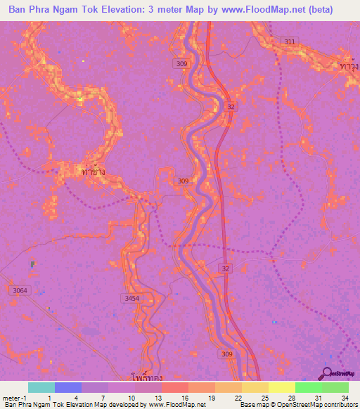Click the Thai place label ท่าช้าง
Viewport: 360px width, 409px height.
[93, 171]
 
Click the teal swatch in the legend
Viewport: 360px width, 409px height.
[41, 387]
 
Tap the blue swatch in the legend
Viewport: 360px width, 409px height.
[67, 387]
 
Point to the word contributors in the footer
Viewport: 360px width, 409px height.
[337, 405]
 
